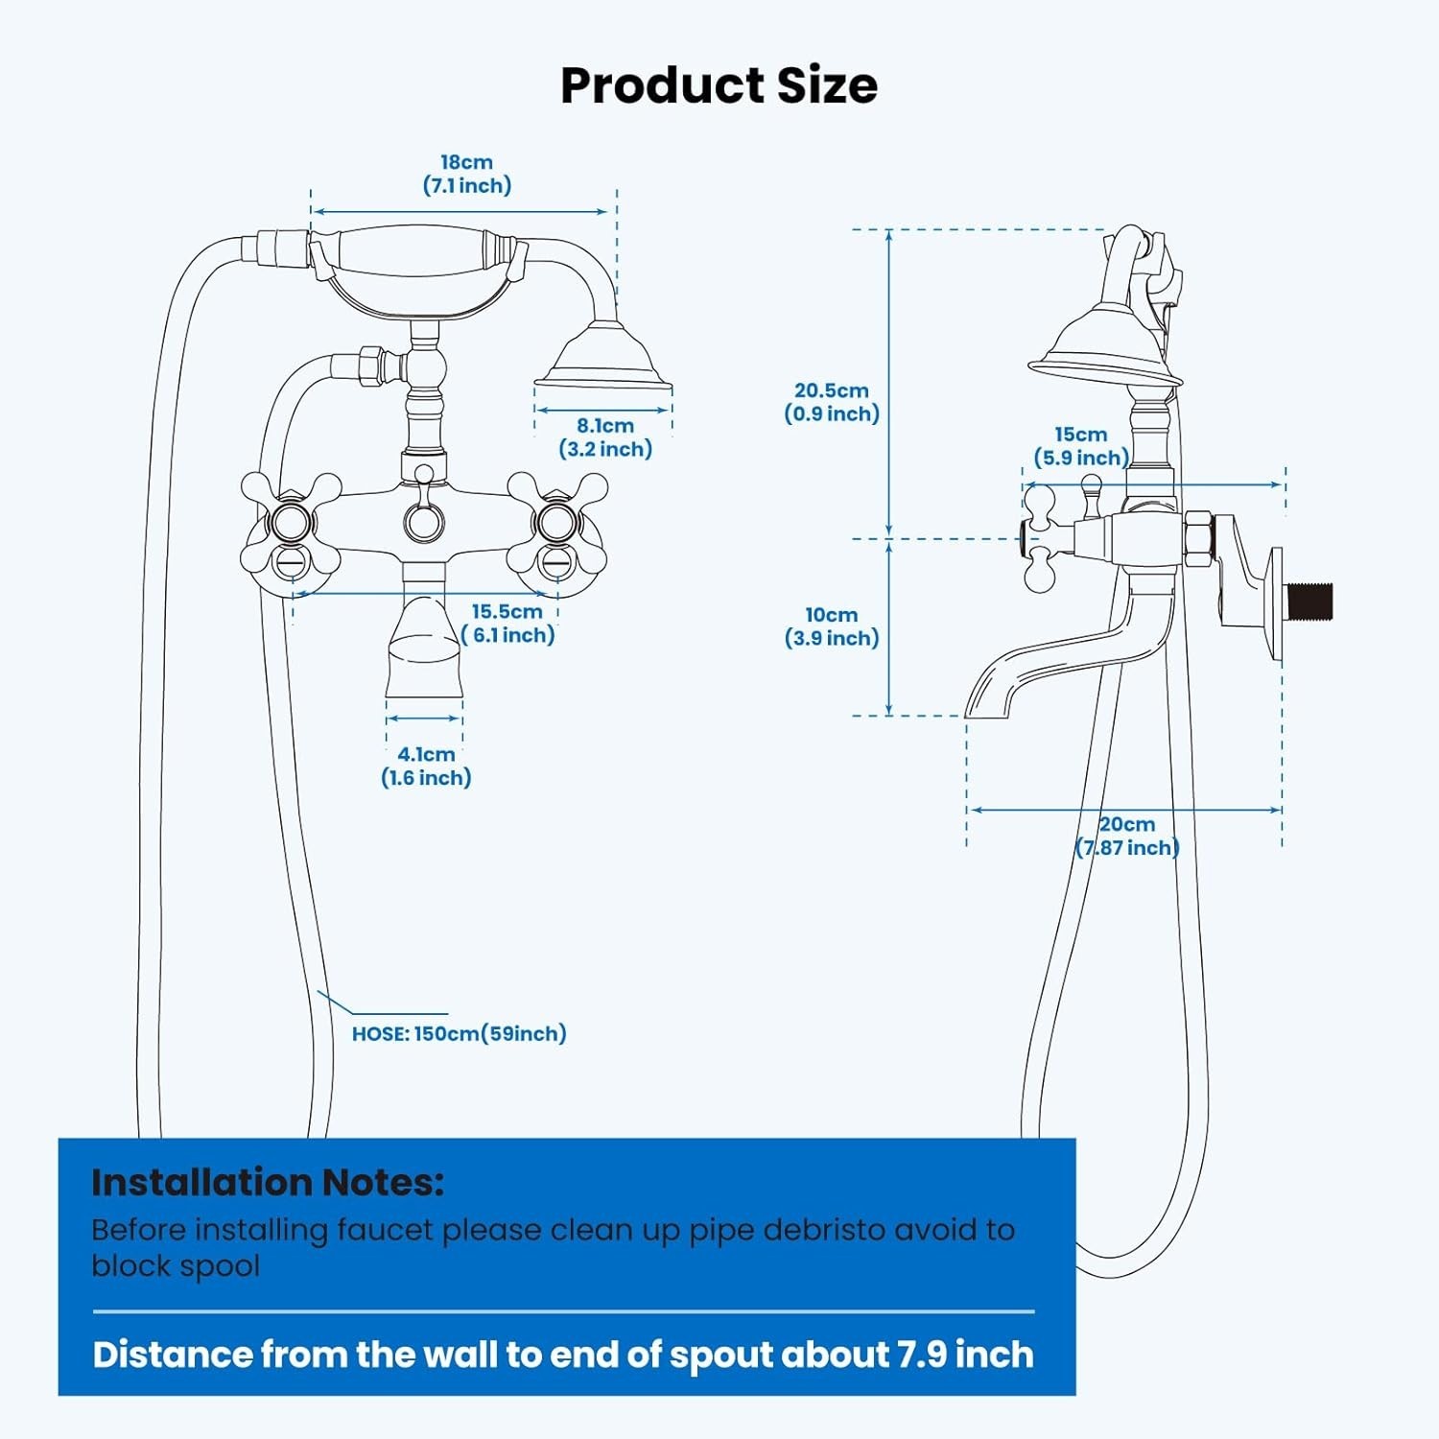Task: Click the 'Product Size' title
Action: click(x=719, y=85)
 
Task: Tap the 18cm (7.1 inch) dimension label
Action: click(x=467, y=174)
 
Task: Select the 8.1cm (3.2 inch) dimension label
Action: click(x=605, y=437)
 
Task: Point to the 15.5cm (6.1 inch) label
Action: click(x=507, y=624)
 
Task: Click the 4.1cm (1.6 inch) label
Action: click(x=426, y=767)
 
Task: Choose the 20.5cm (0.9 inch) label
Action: click(x=832, y=402)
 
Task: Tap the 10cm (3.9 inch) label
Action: click(x=832, y=626)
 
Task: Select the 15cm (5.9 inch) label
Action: click(x=1081, y=446)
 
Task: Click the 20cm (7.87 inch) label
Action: click(x=1127, y=836)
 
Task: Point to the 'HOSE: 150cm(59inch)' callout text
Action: click(x=460, y=1033)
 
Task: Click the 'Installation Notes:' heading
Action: click(x=268, y=1182)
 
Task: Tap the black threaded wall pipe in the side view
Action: click(x=1309, y=601)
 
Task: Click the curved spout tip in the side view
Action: click(x=988, y=696)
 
